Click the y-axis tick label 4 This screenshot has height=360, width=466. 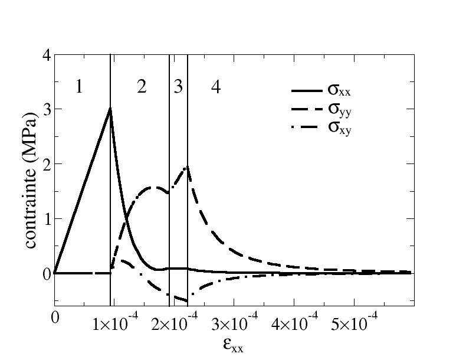click(x=45, y=55)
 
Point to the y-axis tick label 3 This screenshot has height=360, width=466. click(x=45, y=110)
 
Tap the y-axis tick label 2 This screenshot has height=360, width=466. click(x=45, y=164)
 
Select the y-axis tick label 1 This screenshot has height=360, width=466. click(x=45, y=219)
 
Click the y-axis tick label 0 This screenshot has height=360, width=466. click(x=45, y=274)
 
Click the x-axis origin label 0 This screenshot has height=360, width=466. click(x=55, y=318)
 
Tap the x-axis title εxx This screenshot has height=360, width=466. click(x=234, y=345)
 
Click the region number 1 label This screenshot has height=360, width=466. click(x=79, y=87)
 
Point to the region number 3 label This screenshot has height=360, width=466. click(x=178, y=87)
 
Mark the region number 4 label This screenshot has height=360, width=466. click(x=216, y=87)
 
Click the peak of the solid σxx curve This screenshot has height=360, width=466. click(x=110, y=109)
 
